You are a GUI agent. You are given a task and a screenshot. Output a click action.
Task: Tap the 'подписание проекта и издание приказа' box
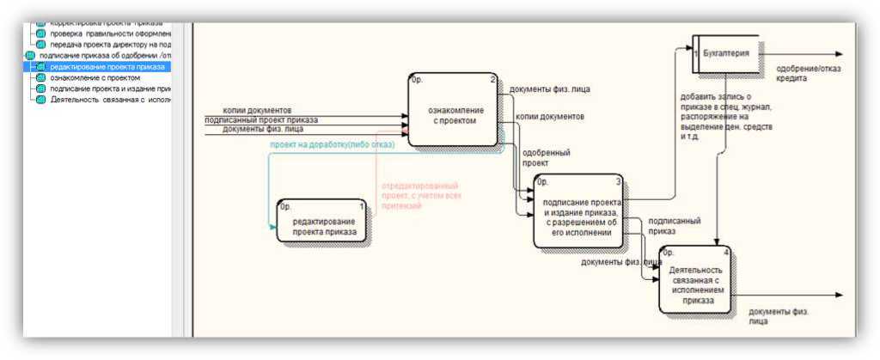point(577,217)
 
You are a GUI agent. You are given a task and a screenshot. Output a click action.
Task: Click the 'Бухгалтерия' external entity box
point(726,53)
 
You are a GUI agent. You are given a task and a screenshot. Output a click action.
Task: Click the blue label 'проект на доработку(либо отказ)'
point(332,145)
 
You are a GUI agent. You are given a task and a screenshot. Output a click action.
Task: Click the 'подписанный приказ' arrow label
point(674,225)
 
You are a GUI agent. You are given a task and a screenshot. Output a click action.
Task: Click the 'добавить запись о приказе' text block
point(726,117)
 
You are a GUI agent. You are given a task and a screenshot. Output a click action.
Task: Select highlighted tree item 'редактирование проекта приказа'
point(107,66)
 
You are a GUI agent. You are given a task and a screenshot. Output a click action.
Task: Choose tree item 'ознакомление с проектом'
point(95,77)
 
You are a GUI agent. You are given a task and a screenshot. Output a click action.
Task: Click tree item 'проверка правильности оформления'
point(111,34)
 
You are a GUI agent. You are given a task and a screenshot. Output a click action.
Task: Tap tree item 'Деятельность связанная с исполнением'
point(111,100)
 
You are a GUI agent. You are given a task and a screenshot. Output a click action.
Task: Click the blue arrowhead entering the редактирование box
point(273,227)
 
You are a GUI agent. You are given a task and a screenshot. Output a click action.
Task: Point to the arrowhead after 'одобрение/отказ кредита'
point(840,54)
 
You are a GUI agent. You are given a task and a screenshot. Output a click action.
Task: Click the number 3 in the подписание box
point(618,180)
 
